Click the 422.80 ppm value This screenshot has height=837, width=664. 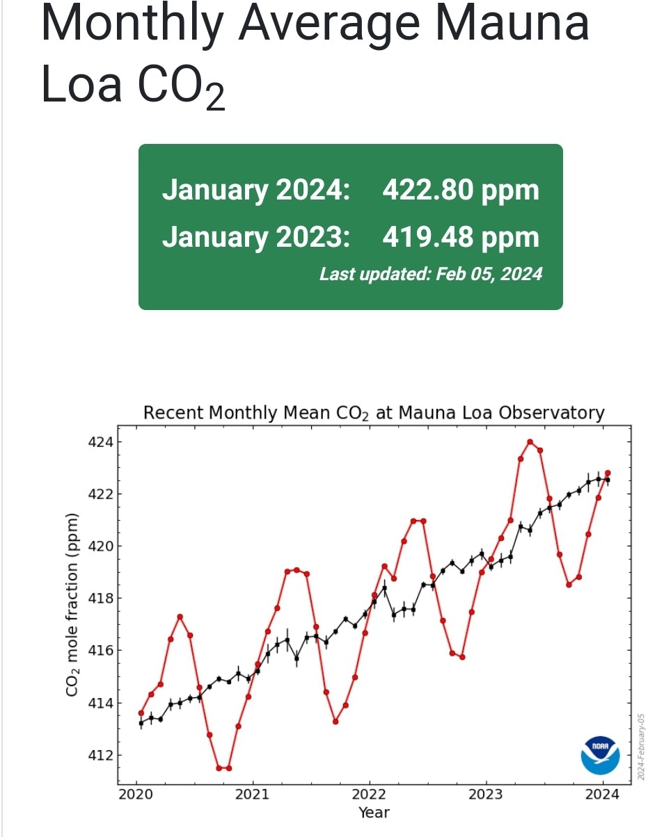(461, 190)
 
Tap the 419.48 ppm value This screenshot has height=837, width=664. (461, 237)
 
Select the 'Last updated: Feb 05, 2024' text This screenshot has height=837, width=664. (430, 274)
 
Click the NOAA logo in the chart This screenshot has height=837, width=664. (600, 755)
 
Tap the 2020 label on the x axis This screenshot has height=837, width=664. (135, 794)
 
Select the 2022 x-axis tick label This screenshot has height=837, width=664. (369, 794)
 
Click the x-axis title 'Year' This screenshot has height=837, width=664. (374, 812)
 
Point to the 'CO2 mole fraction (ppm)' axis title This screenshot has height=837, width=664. (72, 605)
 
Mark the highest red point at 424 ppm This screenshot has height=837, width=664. (530, 441)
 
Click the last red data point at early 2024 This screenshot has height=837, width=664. (608, 473)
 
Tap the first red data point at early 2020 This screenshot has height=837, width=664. (141, 713)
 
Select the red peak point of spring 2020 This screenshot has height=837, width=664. (180, 617)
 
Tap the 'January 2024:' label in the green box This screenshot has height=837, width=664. (255, 190)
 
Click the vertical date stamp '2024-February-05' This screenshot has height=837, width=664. (642, 746)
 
